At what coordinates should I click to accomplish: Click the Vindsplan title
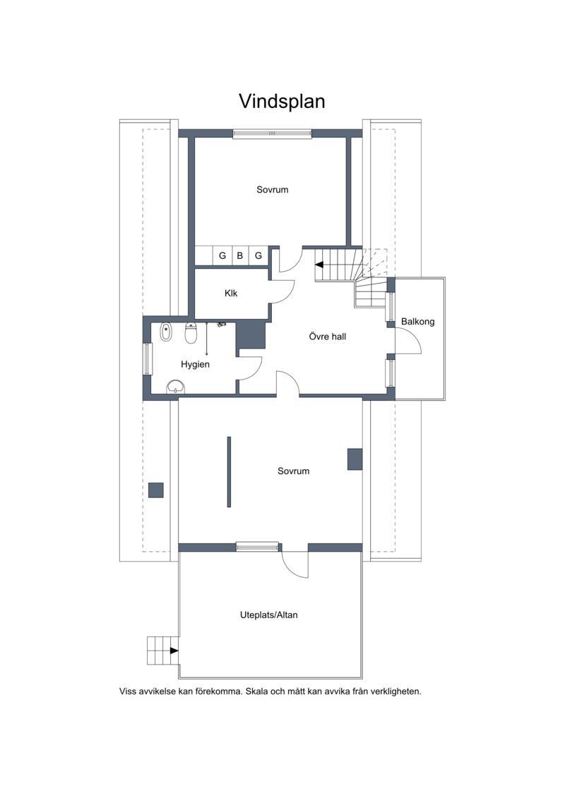point(282,102)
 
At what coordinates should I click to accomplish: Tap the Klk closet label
point(231,293)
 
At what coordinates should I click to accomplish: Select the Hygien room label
point(195,364)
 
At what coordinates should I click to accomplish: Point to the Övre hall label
point(327,337)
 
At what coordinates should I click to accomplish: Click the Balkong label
point(418,322)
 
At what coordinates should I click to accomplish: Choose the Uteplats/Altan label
point(268,615)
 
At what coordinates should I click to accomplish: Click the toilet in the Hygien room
point(191,333)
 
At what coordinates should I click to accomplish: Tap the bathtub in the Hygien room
point(165,332)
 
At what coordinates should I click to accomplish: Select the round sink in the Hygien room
point(176,387)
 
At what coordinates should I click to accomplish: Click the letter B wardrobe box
point(240,255)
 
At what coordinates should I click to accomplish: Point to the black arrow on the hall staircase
point(319,265)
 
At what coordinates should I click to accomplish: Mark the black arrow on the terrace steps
point(174,651)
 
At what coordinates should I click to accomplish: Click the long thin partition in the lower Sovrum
point(229,472)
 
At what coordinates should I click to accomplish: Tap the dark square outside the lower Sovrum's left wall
point(156,490)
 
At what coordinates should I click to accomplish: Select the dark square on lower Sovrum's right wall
point(355,459)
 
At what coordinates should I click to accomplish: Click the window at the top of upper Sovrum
point(272,133)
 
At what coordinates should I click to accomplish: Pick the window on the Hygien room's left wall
point(147,359)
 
